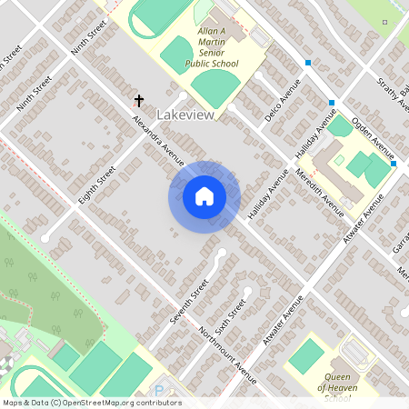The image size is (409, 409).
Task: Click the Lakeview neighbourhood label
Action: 186,115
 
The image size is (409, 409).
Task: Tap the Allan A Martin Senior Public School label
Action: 212,47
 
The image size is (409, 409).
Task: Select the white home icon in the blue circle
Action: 204,196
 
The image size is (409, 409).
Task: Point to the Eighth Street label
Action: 97,185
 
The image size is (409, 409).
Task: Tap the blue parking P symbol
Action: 160,392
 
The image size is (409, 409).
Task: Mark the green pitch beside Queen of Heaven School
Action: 308,354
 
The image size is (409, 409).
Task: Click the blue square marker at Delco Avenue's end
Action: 309,63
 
